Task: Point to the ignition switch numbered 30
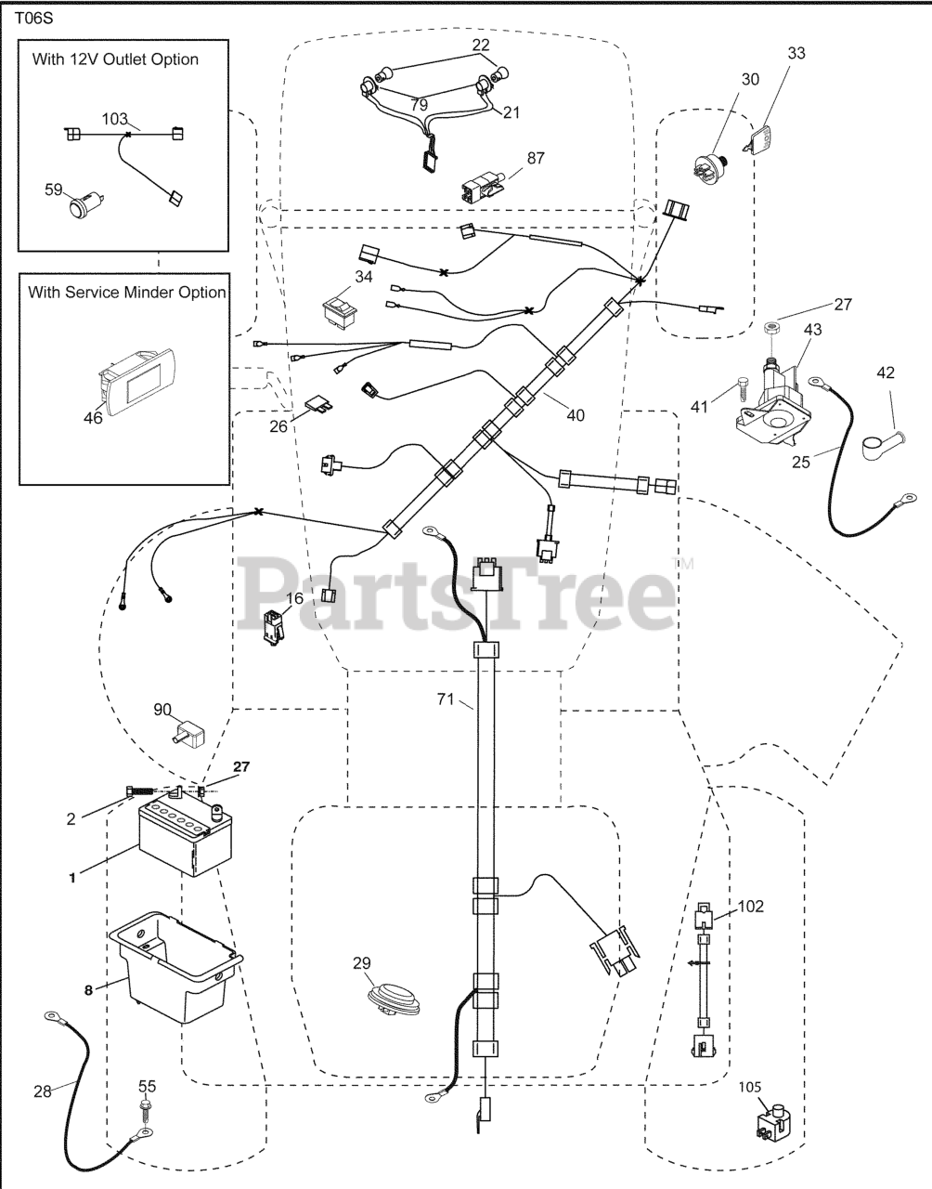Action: point(710,168)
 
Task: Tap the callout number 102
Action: point(752,906)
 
